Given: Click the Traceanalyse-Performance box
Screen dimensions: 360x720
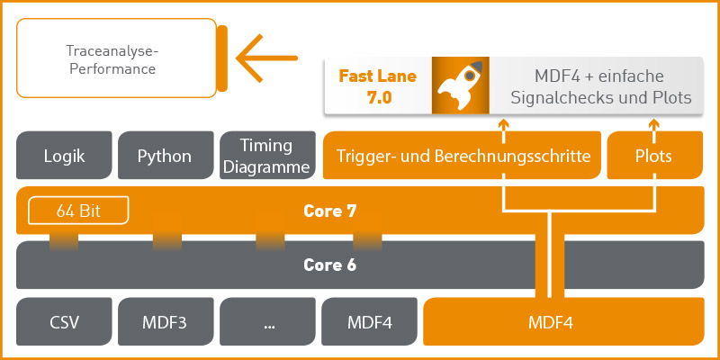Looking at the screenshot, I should pos(112,59).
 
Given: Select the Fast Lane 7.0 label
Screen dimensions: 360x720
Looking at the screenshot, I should pos(378,86).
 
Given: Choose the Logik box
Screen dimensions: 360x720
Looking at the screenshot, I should pos(64,156).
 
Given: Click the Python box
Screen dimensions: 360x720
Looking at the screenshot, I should pos(164,156).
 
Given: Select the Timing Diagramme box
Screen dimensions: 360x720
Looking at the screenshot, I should pos(266,156).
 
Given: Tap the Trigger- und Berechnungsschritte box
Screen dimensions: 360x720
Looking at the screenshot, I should pos(463,156).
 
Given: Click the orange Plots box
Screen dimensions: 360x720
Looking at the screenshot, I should pos(654,156).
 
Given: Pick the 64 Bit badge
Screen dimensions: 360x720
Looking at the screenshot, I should pos(78,211).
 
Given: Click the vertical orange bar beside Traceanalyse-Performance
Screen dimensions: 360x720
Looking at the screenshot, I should pos(222,58).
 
